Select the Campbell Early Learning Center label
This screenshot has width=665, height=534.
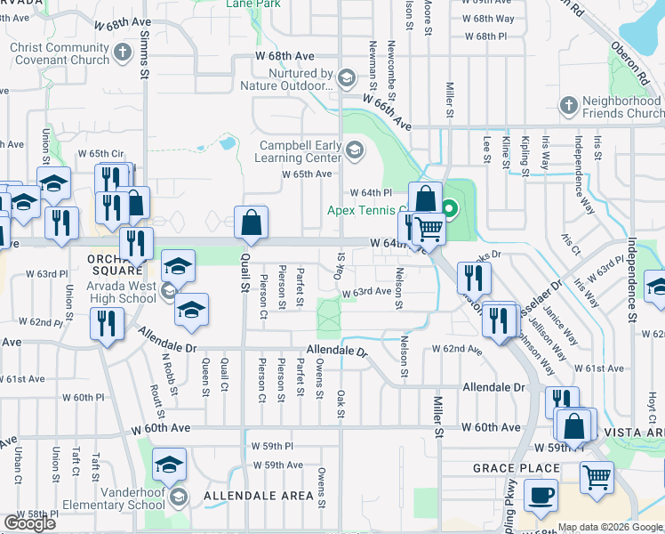(x=300, y=151)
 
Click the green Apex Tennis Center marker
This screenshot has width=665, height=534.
(x=450, y=210)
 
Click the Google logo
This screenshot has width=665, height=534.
(x=29, y=523)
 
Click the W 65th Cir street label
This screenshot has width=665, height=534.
(x=100, y=153)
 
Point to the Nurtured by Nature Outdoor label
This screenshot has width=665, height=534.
(x=286, y=80)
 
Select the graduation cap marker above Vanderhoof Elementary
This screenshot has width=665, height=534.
(x=168, y=465)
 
